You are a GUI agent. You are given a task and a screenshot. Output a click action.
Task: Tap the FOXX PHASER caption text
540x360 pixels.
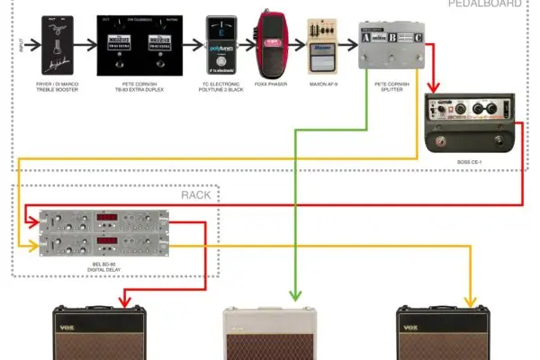click(x=270, y=85)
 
